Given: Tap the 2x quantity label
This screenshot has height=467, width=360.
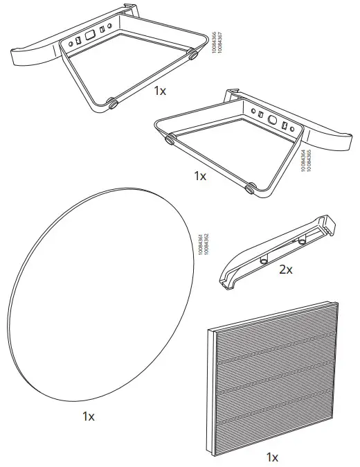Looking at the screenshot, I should (x=285, y=270).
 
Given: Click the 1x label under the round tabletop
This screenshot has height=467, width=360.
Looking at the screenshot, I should (x=88, y=416).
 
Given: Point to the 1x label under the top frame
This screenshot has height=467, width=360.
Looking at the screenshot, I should (x=160, y=91).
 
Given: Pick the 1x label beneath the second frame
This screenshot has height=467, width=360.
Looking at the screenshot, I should (x=199, y=176).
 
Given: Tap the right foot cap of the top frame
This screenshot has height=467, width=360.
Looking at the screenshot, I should (x=192, y=53).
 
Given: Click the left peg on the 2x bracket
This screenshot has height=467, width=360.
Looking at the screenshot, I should (x=264, y=258).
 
